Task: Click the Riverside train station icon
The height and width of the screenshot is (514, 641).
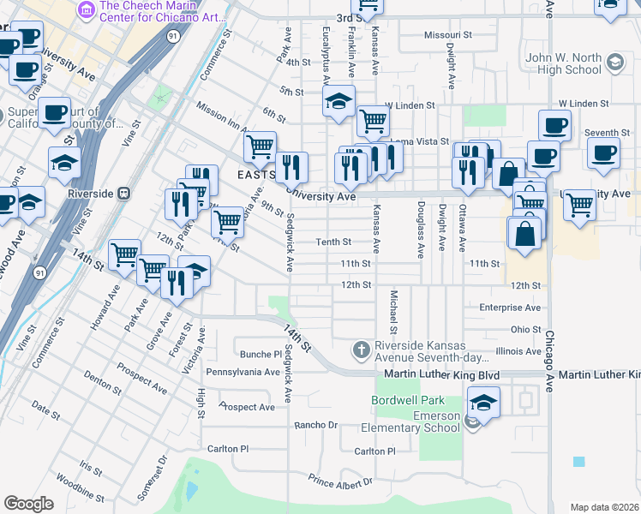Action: tap(124, 194)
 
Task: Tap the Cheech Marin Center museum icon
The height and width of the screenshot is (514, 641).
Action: tap(86, 9)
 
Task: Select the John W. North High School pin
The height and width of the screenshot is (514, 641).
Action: tap(614, 62)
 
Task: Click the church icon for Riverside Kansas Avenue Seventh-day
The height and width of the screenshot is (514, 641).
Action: tap(361, 350)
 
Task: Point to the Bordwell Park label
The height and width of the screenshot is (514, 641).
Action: tap(408, 400)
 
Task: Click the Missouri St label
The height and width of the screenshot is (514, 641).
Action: tap(448, 35)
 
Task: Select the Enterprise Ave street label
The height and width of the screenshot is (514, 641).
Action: tap(510, 307)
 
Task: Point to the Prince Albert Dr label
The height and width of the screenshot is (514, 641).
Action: tap(341, 482)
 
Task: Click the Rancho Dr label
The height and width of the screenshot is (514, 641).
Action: tap(316, 425)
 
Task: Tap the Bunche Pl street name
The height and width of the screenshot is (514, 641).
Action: tap(261, 354)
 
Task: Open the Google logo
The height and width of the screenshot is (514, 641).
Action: tap(28, 503)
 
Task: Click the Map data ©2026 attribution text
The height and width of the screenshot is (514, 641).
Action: tap(604, 507)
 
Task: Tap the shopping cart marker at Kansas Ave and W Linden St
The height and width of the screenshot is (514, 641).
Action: tap(373, 122)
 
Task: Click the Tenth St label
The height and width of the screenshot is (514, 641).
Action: tap(333, 242)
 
